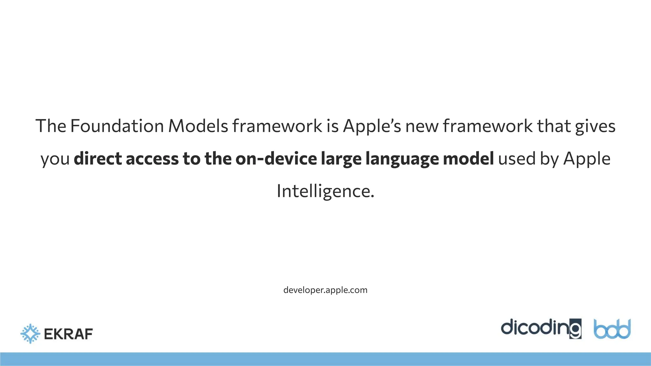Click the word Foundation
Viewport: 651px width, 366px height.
[x=117, y=126]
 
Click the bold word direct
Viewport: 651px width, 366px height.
[x=98, y=159]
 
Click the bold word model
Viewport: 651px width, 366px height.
[x=468, y=159]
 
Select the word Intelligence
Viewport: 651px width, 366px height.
[x=325, y=192]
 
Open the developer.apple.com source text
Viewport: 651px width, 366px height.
[x=325, y=290]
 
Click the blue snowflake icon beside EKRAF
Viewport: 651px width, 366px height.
[x=30, y=334]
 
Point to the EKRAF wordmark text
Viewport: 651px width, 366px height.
[x=68, y=334]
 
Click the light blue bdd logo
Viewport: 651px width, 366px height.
[x=612, y=329]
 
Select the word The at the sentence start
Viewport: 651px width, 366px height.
[x=51, y=126]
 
